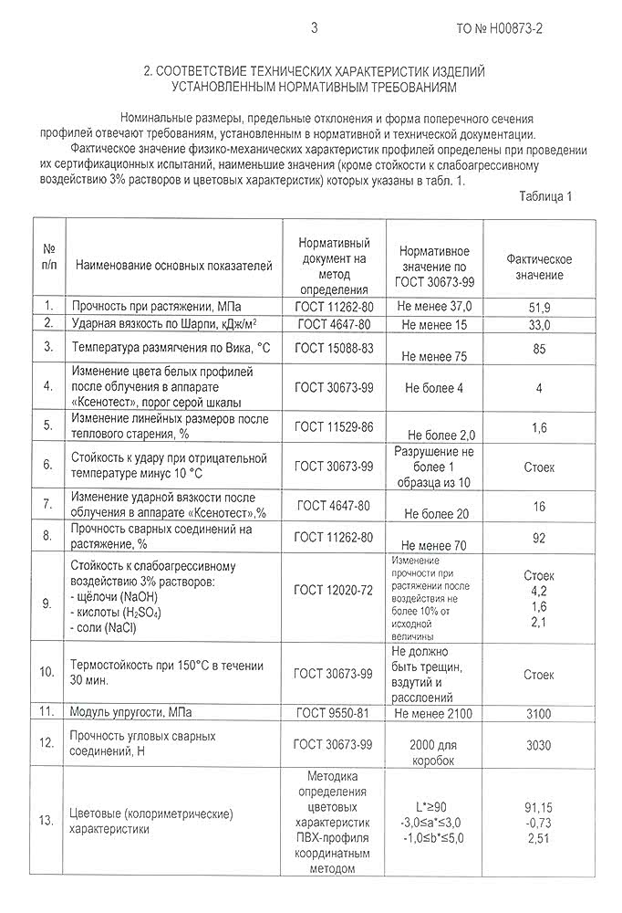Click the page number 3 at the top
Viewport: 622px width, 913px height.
coord(314,28)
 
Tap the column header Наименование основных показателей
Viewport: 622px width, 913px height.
coord(174,267)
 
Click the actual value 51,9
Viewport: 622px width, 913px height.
coord(539,305)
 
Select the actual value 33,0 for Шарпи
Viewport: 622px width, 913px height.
coord(539,324)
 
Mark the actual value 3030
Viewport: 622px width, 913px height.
coord(539,745)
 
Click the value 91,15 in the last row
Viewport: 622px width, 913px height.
coord(539,808)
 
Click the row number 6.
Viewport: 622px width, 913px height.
coord(47,465)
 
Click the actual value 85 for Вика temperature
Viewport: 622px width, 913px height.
coord(539,348)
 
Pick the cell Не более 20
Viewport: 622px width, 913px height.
coord(435,514)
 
